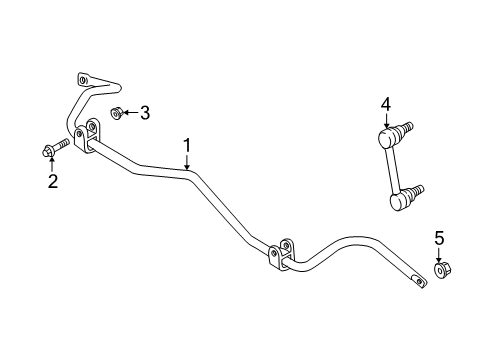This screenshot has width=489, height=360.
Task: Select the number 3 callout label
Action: (145, 113)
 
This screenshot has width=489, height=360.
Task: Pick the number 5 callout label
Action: (438, 237)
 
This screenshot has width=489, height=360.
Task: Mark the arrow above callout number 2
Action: (54, 163)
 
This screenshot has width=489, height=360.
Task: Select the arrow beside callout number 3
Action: (130, 113)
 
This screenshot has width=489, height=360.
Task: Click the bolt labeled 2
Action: (55, 150)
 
